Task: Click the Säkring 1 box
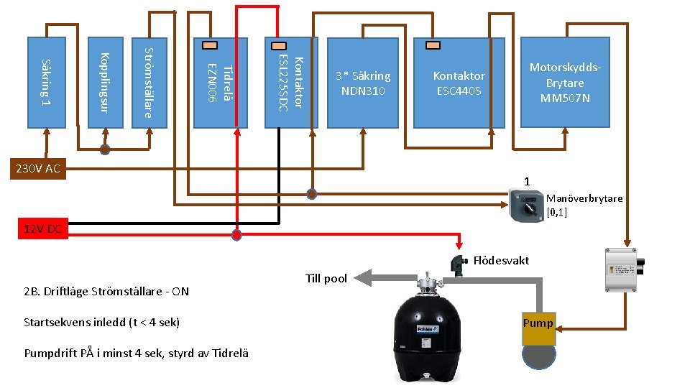click(x=47, y=83)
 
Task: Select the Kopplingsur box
click(x=106, y=83)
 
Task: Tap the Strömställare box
click(x=149, y=83)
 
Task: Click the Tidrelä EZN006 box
click(x=221, y=83)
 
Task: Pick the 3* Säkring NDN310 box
click(x=362, y=83)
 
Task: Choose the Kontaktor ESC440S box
click(x=459, y=83)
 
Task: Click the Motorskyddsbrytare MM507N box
click(x=565, y=83)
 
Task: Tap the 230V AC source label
click(x=38, y=168)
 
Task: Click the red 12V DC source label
click(x=43, y=228)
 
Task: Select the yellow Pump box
click(x=538, y=328)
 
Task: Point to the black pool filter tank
click(x=427, y=328)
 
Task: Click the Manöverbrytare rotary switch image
click(x=526, y=205)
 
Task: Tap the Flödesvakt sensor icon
click(x=459, y=265)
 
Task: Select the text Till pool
click(x=326, y=279)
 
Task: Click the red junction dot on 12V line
click(x=236, y=235)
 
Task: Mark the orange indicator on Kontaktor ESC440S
click(x=433, y=45)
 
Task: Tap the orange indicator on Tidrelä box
click(x=210, y=45)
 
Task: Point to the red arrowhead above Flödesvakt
click(x=459, y=245)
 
